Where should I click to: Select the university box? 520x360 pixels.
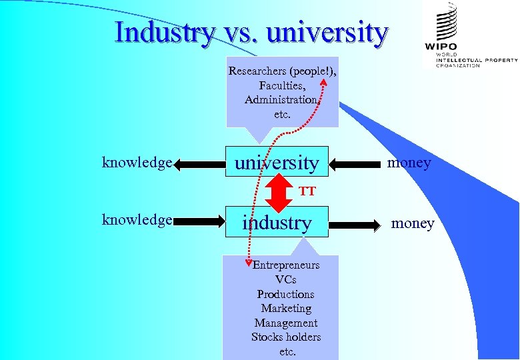coord(277,162)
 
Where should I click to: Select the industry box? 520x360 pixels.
coord(277,223)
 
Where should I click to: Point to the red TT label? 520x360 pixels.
coord(307,192)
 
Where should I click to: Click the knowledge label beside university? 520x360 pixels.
coord(137,162)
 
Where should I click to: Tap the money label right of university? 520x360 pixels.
coord(409,162)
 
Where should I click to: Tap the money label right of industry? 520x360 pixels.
coord(413,223)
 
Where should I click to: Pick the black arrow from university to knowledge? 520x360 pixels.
coord(200,163)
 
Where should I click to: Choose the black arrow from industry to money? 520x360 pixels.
coord(357,223)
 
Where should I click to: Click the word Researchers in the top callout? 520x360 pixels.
coord(257,71)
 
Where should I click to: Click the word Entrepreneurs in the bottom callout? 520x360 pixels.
coord(286,265)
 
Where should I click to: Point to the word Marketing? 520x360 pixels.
coord(286,308)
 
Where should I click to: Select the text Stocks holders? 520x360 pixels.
coord(286,337)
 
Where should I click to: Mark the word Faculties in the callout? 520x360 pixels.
coord(282,85)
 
